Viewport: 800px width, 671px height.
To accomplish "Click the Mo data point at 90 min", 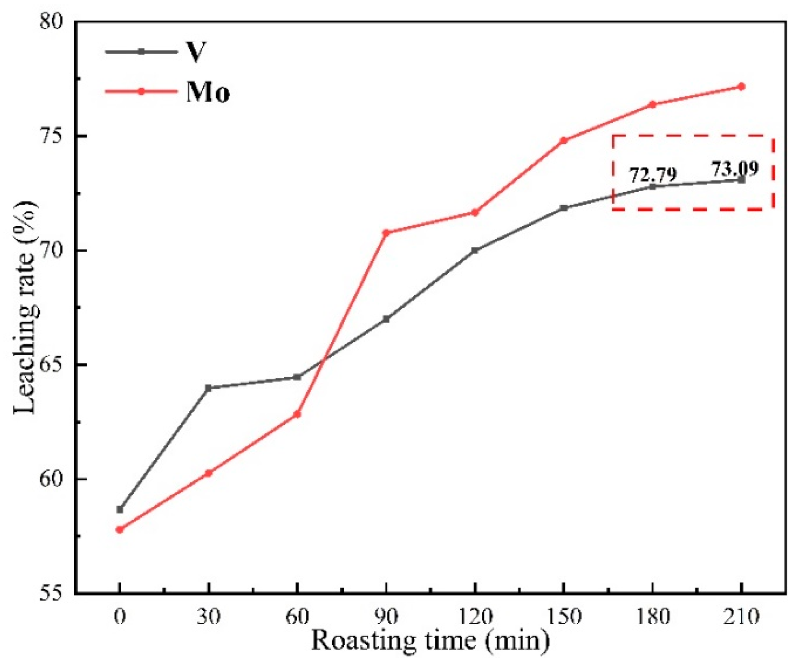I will (386, 233).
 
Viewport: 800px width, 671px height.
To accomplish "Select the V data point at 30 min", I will (209, 388).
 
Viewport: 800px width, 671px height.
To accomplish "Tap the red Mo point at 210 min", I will (741, 87).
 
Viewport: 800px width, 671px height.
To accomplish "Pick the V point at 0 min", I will (120, 509).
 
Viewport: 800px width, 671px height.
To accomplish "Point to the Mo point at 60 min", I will (297, 414).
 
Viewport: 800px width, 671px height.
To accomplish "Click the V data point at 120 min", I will (475, 250).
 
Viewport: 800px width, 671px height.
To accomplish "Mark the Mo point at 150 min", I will (564, 140).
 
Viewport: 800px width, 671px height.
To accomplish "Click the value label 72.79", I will (653, 175).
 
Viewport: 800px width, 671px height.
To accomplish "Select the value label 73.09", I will (734, 168).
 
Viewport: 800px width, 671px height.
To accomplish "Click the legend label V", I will (196, 52).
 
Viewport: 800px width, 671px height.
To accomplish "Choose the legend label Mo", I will (208, 92).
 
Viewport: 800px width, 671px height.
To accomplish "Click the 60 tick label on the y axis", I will (51, 479).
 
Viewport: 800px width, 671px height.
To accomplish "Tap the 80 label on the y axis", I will (51, 22).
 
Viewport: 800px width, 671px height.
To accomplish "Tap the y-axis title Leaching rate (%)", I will (25, 307).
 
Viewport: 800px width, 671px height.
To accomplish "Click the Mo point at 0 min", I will (120, 529).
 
